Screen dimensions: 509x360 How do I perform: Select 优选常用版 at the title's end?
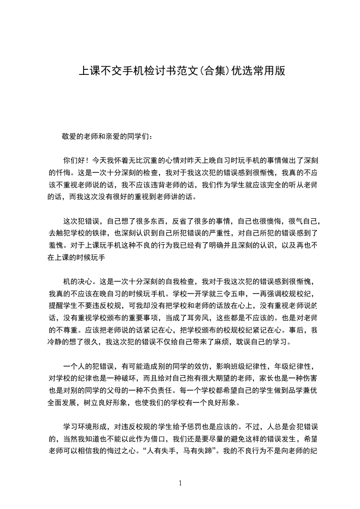click(x=258, y=71)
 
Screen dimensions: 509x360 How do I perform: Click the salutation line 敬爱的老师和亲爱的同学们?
click(x=108, y=136)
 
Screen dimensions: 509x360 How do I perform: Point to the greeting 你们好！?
click(x=76, y=160)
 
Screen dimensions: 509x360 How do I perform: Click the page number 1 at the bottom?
click(x=180, y=483)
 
